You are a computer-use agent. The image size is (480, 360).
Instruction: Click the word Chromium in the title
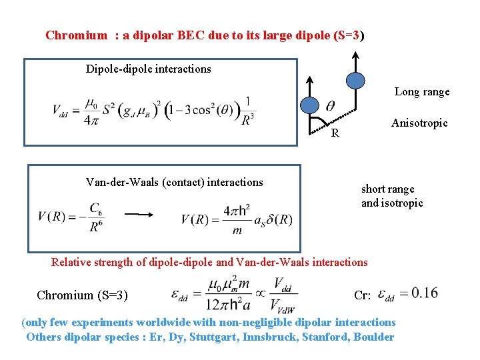[x=76, y=35]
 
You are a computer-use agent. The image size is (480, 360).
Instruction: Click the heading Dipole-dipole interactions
[x=148, y=69]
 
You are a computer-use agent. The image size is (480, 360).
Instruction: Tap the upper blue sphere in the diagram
[x=356, y=81]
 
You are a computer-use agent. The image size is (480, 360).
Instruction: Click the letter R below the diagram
[x=335, y=133]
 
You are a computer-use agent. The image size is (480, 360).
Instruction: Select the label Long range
[x=422, y=92]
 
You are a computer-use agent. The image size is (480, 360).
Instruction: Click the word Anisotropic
[x=419, y=123]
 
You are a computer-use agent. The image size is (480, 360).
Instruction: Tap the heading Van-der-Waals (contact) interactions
[x=174, y=182]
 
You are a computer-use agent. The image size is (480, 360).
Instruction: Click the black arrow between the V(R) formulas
[x=137, y=215]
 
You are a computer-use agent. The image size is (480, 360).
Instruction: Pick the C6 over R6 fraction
[x=96, y=217]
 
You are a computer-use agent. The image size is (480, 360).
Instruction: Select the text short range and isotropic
[x=392, y=196]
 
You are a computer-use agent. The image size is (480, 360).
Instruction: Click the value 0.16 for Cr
[x=425, y=293]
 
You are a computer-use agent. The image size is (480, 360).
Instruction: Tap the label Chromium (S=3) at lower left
[x=83, y=295]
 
